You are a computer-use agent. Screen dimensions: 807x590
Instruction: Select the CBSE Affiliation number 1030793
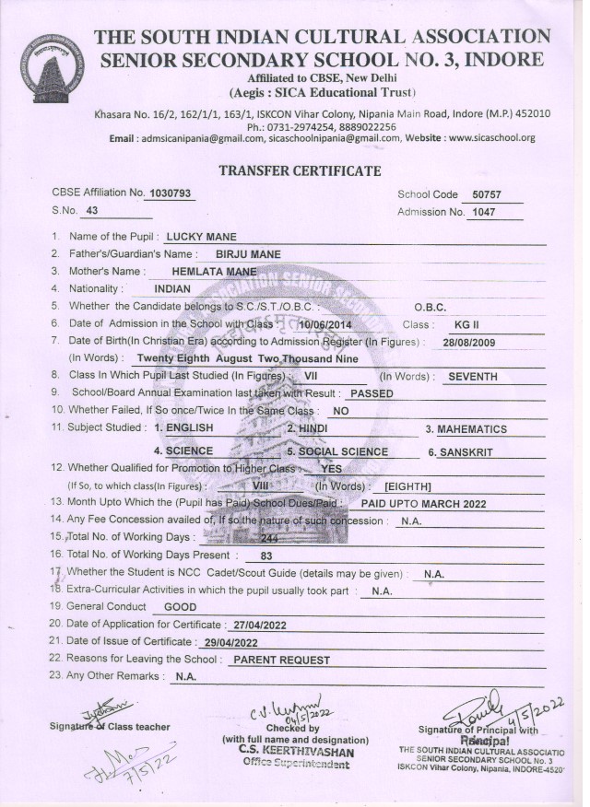point(171,194)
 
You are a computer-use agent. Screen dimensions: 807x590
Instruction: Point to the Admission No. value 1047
point(483,212)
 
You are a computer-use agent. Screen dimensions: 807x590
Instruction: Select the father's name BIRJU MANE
point(248,254)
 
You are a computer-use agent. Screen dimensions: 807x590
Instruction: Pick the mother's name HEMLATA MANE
point(214,272)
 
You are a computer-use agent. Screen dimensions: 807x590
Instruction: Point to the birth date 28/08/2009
point(469,342)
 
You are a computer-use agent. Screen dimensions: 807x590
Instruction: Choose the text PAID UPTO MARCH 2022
point(423,504)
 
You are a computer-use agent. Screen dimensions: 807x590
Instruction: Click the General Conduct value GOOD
point(180,607)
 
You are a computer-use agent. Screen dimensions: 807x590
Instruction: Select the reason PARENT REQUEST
point(280,660)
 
